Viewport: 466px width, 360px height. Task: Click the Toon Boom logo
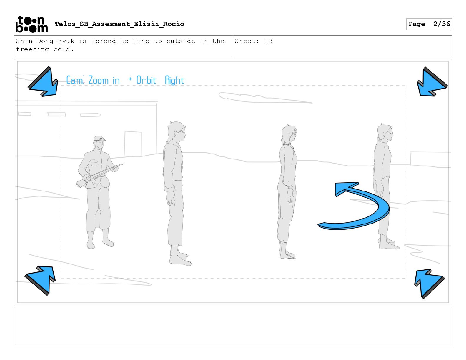[32, 24]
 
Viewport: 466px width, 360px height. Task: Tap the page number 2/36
[441, 24]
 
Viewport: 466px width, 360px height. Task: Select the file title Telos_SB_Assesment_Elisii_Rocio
[119, 24]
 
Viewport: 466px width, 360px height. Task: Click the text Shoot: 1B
[254, 41]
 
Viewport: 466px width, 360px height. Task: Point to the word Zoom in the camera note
[99, 80]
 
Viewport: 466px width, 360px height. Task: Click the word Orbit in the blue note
[146, 80]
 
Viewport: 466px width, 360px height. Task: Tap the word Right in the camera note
[174, 81]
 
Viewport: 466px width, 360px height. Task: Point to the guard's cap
[99, 139]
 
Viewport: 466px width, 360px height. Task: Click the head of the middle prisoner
[289, 134]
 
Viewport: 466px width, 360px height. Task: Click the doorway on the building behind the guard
[133, 144]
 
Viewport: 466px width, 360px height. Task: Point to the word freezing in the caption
[32, 49]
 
